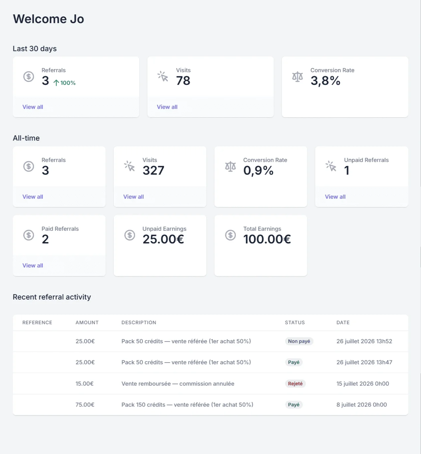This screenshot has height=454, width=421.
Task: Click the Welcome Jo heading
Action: tap(48, 19)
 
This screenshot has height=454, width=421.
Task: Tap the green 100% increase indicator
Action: tap(64, 83)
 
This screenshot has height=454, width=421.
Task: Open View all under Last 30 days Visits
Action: tap(167, 107)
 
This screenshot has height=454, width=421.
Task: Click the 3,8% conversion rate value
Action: tap(325, 81)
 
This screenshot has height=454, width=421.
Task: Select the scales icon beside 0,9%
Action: tap(230, 167)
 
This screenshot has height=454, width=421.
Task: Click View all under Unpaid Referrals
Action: tap(335, 197)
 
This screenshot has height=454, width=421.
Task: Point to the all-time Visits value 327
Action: tap(153, 170)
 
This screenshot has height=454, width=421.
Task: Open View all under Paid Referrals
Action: tap(33, 265)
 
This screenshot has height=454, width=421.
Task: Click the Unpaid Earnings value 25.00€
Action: tap(163, 239)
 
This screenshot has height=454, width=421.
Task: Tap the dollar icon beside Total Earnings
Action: tap(230, 235)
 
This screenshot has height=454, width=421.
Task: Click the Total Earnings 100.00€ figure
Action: tap(267, 239)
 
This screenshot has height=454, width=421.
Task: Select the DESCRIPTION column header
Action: tap(139, 322)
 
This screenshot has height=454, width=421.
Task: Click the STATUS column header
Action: tap(295, 322)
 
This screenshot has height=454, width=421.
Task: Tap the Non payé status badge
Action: tap(299, 341)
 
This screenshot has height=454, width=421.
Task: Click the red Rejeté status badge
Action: tap(295, 383)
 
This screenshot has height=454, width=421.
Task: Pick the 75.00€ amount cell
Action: tap(85, 404)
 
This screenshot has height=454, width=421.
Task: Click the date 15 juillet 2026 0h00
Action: tap(363, 383)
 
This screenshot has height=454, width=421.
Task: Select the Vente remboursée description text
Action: tap(178, 383)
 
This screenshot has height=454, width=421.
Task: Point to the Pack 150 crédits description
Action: tap(187, 404)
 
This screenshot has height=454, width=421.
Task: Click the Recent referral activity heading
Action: tap(52, 297)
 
